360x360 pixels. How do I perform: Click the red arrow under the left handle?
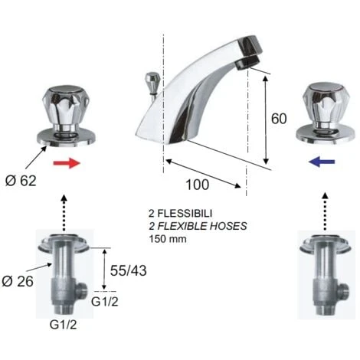(67, 163)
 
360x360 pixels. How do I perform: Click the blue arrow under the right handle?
(322, 162)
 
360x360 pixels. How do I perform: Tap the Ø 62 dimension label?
(21, 181)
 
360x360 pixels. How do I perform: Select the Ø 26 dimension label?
(18, 281)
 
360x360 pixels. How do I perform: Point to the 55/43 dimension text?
(129, 270)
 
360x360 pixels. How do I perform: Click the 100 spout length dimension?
(198, 185)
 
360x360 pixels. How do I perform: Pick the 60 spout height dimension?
(279, 119)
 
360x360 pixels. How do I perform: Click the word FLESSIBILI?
(185, 213)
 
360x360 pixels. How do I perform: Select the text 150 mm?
(168, 239)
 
